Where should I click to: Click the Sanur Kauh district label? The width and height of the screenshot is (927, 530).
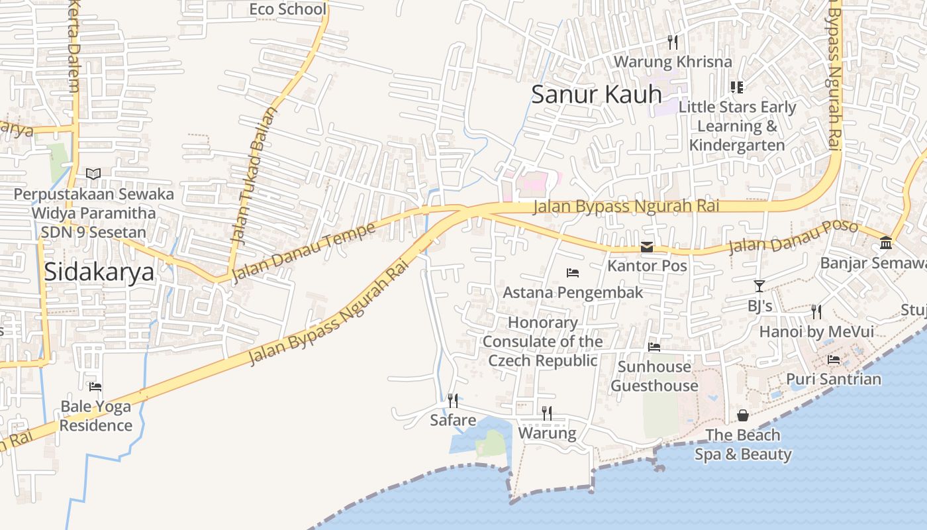pyautogui.click(x=596, y=94)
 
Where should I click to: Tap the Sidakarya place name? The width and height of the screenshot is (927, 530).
pyautogui.click(x=99, y=272)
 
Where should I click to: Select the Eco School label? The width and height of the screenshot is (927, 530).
pyautogui.click(x=287, y=9)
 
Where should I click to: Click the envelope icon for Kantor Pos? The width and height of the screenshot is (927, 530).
pyautogui.click(x=647, y=247)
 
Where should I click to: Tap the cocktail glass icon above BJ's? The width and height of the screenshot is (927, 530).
pyautogui.click(x=759, y=286)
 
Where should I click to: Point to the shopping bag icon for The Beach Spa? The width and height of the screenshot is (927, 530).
pyautogui.click(x=743, y=415)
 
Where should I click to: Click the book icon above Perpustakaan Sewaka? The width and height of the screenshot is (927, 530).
pyautogui.click(x=93, y=174)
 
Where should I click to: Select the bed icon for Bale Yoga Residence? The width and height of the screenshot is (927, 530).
pyautogui.click(x=95, y=386)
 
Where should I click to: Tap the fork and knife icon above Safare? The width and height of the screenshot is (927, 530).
pyautogui.click(x=453, y=400)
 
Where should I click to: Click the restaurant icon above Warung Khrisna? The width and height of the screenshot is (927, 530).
pyautogui.click(x=673, y=42)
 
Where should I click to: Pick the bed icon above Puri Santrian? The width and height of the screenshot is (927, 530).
pyautogui.click(x=834, y=360)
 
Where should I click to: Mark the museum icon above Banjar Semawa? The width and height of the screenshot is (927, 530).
pyautogui.click(x=886, y=243)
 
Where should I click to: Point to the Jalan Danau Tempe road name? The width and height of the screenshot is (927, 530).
pyautogui.click(x=304, y=252)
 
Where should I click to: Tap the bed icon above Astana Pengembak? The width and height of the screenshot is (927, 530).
pyautogui.click(x=573, y=272)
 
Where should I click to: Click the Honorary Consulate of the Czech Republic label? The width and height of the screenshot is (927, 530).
pyautogui.click(x=542, y=342)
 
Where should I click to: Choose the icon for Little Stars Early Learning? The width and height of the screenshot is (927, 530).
pyautogui.click(x=737, y=87)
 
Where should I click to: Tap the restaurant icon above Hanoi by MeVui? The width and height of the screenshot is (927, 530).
pyautogui.click(x=816, y=311)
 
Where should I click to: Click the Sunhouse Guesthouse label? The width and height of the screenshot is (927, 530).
pyautogui.click(x=654, y=376)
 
